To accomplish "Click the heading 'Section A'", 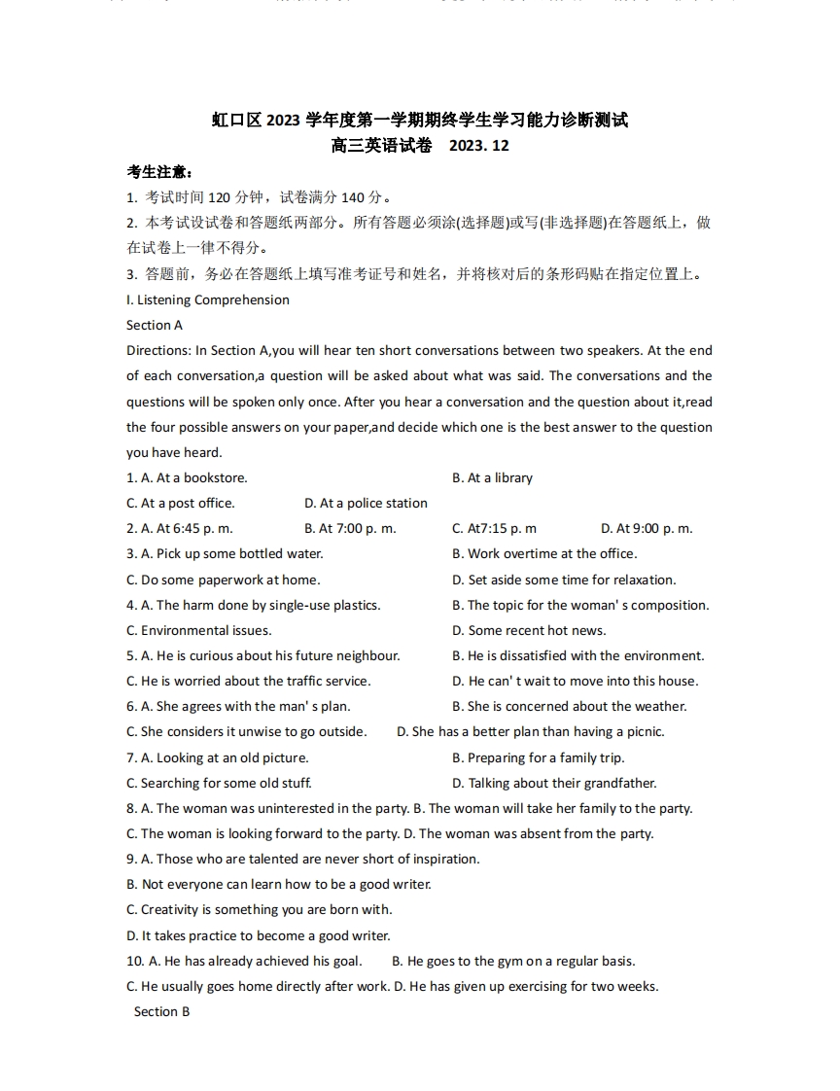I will point(155,325).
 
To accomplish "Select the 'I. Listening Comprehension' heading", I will point(208,299).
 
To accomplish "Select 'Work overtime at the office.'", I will point(552,553).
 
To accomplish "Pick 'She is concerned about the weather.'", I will point(577,706).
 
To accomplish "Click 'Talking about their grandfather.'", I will point(562,783).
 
